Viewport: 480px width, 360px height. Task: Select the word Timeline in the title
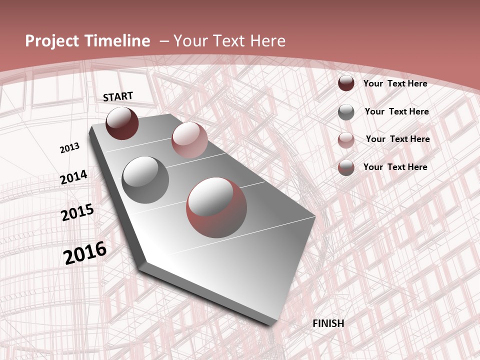(118, 41)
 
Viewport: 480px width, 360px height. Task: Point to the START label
(118, 96)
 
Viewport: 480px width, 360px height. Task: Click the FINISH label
(328, 323)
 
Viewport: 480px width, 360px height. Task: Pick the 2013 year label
(69, 148)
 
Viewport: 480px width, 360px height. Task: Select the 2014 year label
(73, 177)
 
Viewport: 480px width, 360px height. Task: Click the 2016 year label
(85, 253)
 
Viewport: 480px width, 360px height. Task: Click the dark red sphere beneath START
(122, 123)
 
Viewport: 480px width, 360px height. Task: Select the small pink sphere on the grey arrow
(189, 140)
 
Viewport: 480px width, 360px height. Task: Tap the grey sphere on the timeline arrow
(145, 179)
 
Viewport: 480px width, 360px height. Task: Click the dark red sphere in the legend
(346, 83)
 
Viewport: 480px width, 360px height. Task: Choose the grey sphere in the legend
(346, 112)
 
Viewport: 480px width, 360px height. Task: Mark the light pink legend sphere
(346, 140)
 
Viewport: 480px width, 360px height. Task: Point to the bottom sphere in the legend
(346, 167)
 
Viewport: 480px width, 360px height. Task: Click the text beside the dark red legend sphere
(395, 83)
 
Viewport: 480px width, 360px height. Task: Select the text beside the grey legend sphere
(396, 111)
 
